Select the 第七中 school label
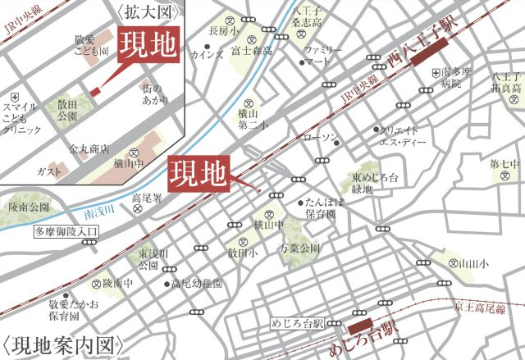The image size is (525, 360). click(504, 164)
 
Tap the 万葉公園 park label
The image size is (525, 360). click(299, 247)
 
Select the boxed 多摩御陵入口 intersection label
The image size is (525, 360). click(66, 232)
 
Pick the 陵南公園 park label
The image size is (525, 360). click(28, 207)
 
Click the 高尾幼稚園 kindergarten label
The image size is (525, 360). click(197, 284)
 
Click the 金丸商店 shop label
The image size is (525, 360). click(89, 150)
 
